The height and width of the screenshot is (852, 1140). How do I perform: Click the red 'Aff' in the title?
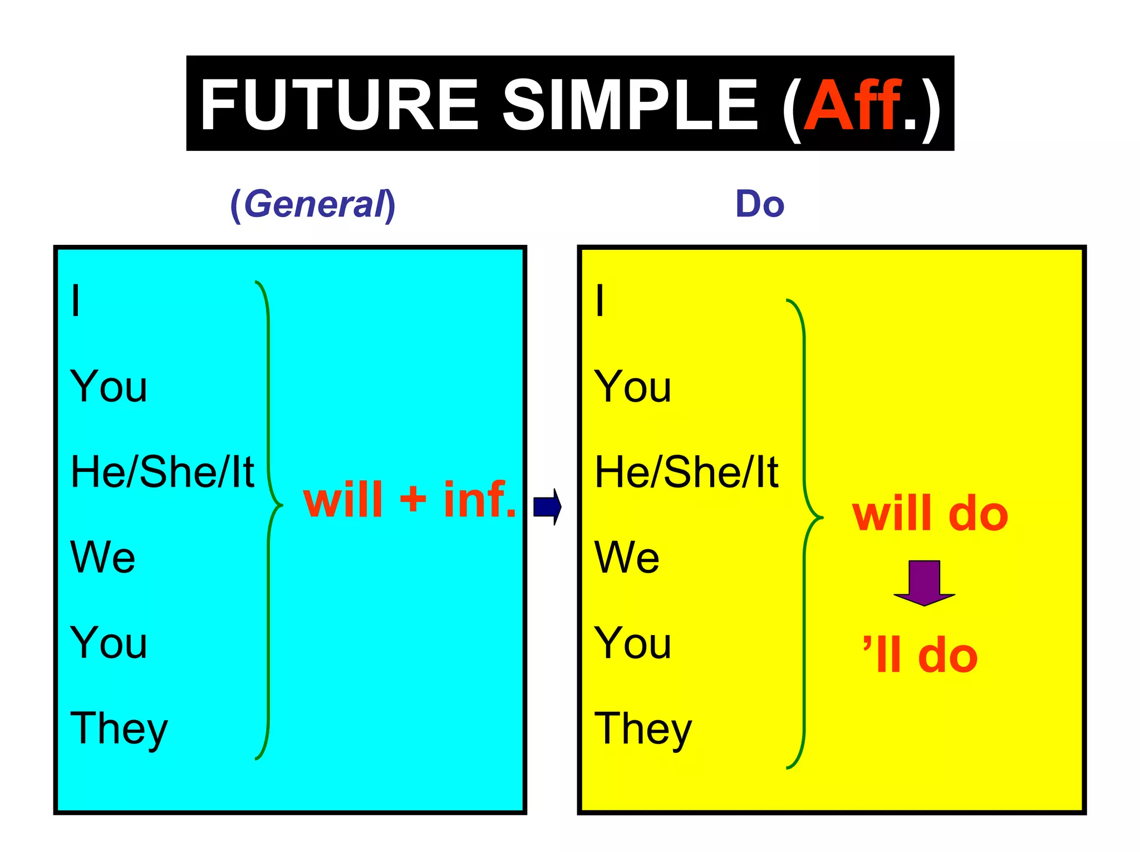pyautogui.click(x=852, y=105)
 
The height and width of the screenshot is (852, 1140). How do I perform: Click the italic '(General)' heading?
pyautogui.click(x=313, y=204)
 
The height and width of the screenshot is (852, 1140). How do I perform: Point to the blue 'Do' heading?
pyautogui.click(x=760, y=204)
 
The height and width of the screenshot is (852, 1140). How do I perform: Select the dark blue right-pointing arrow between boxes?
pyautogui.click(x=548, y=506)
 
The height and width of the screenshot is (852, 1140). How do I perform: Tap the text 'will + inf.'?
pyautogui.click(x=410, y=500)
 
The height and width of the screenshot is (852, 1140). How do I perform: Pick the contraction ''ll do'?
pyautogui.click(x=920, y=656)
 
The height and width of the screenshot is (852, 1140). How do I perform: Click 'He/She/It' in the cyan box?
pyautogui.click(x=162, y=472)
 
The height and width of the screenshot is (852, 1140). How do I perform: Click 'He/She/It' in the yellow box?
pyautogui.click(x=686, y=472)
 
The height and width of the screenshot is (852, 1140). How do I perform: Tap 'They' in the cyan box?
pyautogui.click(x=119, y=729)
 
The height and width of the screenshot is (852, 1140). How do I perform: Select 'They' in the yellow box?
pyautogui.click(x=643, y=729)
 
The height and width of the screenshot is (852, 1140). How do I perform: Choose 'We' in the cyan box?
pyautogui.click(x=102, y=557)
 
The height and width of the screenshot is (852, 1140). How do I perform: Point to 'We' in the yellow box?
pyautogui.click(x=627, y=557)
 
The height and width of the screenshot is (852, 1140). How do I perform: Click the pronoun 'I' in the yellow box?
pyautogui.click(x=600, y=301)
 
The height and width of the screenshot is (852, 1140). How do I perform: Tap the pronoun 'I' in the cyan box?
pyautogui.click(x=76, y=301)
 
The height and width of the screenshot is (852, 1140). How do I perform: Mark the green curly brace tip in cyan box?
pyautogui.click(x=281, y=505)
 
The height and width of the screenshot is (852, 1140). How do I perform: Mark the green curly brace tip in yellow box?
pyautogui.click(x=821, y=518)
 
